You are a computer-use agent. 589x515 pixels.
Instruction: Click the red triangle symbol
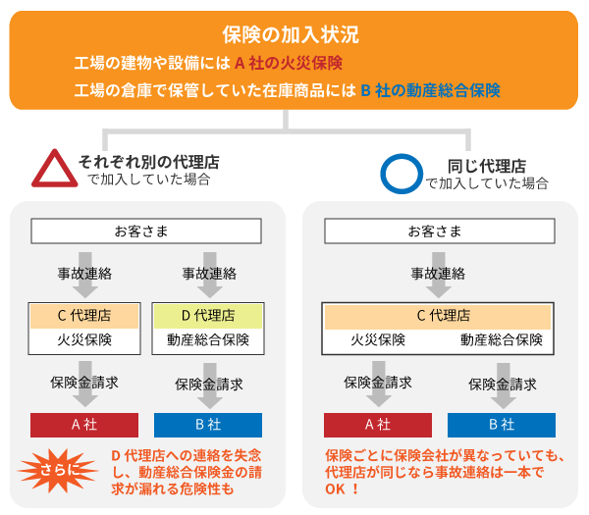(54, 169)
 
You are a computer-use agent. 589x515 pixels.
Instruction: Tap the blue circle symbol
(400, 173)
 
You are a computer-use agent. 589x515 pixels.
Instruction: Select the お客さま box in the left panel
(146, 232)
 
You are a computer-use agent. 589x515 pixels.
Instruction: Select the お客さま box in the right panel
(440, 232)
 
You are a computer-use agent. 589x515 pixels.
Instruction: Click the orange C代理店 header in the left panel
(84, 316)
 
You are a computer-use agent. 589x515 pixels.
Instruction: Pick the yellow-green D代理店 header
(208, 316)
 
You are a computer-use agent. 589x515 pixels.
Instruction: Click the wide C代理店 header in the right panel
(439, 316)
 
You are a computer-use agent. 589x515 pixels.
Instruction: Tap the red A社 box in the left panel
(84, 425)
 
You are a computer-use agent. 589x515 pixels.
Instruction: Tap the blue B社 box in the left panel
(208, 425)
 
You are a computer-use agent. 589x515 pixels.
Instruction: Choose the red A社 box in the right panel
(378, 425)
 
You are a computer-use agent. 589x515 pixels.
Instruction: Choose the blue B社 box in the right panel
(502, 425)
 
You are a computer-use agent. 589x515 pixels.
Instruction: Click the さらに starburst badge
(55, 470)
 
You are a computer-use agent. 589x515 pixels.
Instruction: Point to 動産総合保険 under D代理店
(208, 340)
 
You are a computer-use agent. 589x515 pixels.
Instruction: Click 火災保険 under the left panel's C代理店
(84, 340)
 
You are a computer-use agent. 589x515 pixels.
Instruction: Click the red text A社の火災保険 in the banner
(288, 64)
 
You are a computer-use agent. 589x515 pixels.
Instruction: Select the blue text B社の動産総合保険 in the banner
(431, 90)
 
